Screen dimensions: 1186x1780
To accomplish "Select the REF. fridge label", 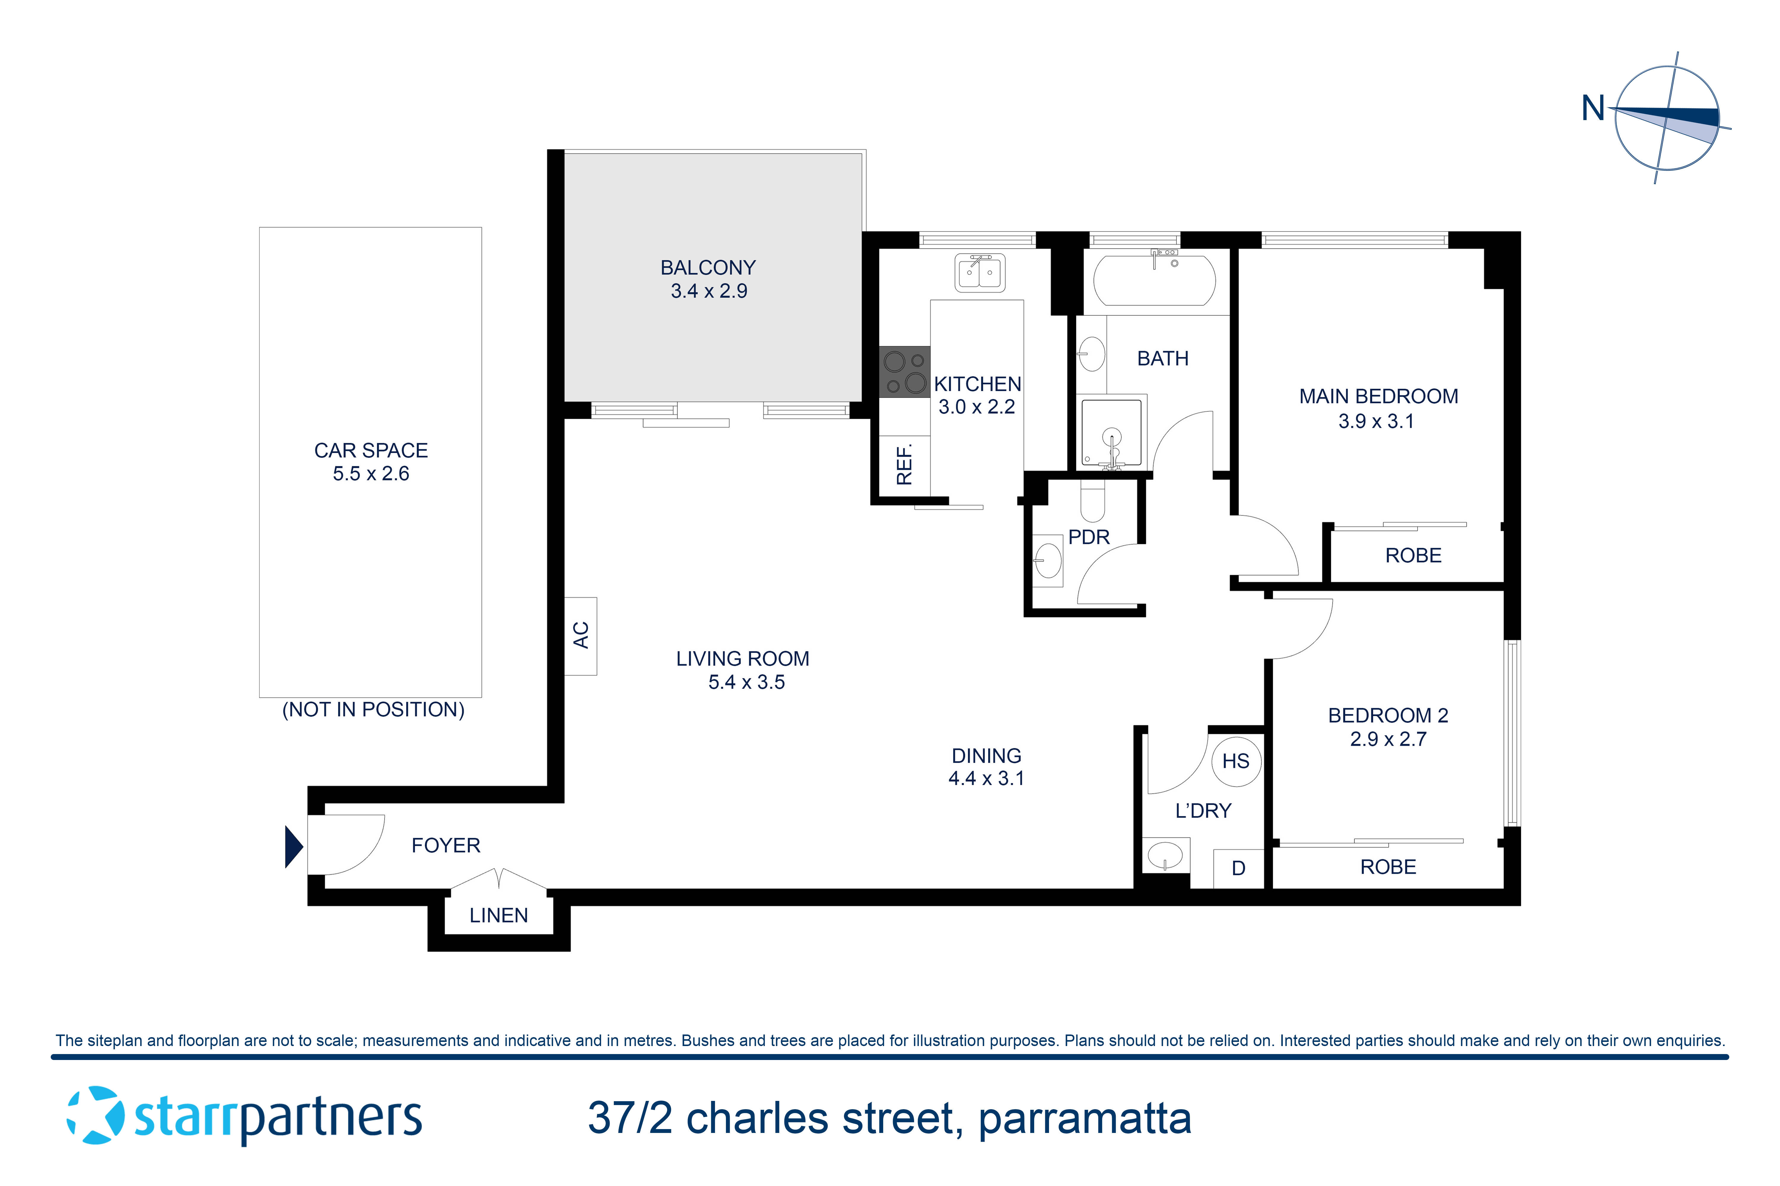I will pyautogui.click(x=904, y=464).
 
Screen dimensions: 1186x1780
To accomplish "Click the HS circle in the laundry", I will pyautogui.click(x=1236, y=761).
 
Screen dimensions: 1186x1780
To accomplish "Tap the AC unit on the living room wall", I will pyautogui.click(x=581, y=635).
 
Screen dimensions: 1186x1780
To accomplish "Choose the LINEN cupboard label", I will pyautogui.click(x=499, y=915).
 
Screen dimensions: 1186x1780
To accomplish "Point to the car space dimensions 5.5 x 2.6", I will pyautogui.click(x=371, y=474).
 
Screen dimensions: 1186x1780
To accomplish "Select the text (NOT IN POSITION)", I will pyautogui.click(x=373, y=710).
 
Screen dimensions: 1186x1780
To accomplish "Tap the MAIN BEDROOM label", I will pyautogui.click(x=1378, y=396).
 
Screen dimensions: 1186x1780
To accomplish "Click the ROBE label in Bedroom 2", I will pyautogui.click(x=1388, y=867).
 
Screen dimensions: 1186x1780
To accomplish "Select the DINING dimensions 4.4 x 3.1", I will pyautogui.click(x=986, y=778).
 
